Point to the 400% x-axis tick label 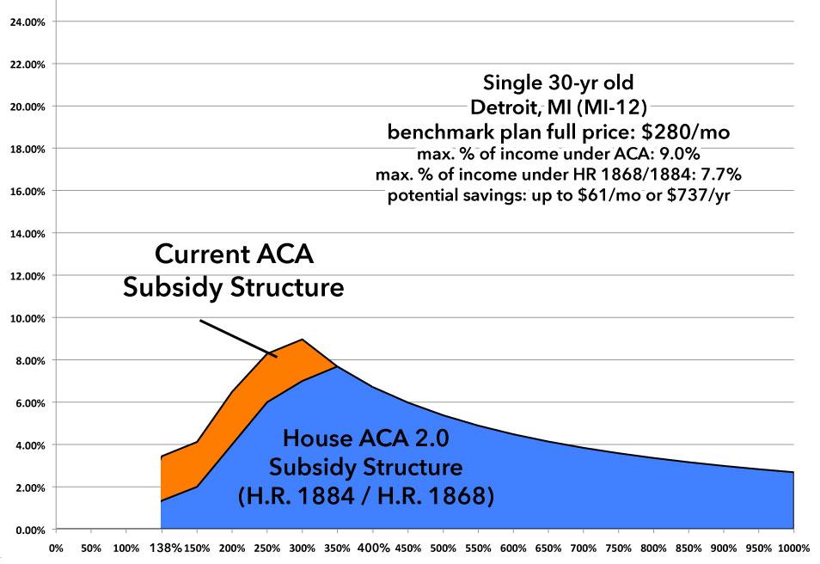coord(374,548)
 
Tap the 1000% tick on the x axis coord(795,548)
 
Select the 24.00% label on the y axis coord(28,21)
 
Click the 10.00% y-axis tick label coord(28,318)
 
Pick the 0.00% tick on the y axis coord(30,530)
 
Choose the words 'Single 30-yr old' coord(559,84)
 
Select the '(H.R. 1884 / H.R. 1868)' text coord(366,497)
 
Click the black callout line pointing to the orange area coord(237,337)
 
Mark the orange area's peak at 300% coord(301,340)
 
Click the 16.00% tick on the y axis coord(28,191)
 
